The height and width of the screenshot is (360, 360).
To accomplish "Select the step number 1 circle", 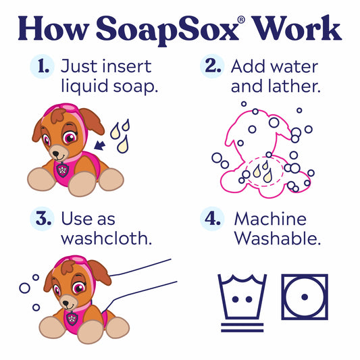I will pos(43,66).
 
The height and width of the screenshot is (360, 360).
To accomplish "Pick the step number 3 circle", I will pos(43,220).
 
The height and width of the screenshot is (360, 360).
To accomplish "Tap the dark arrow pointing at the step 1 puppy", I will pos(101,143).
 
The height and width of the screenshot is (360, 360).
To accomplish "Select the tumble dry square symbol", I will pos(305,297).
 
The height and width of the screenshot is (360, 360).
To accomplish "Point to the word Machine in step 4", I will pos(270,220).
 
